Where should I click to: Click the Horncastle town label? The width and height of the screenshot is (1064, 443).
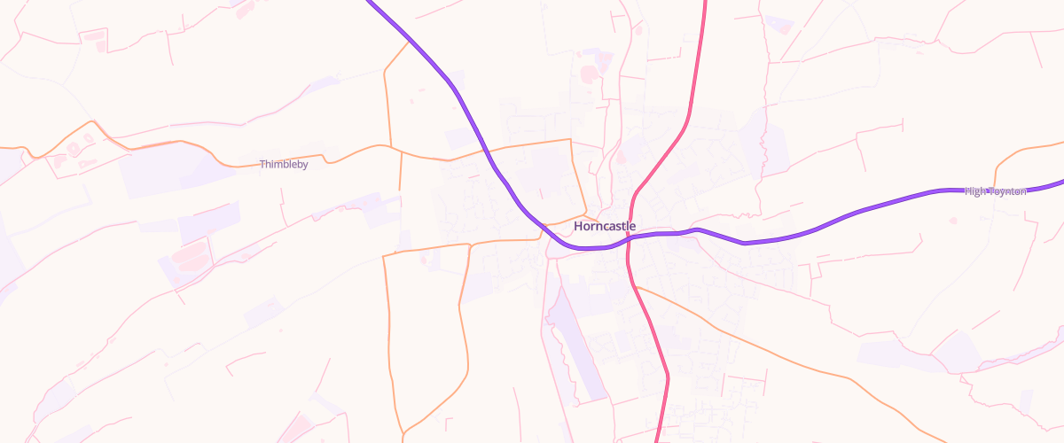pyautogui.click(x=605, y=226)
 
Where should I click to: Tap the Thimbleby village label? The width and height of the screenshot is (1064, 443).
pyautogui.click(x=284, y=164)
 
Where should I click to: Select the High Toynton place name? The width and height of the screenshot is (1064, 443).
pyautogui.click(x=995, y=190)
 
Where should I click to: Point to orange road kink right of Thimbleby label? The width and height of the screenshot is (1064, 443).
pyautogui.click(x=325, y=159)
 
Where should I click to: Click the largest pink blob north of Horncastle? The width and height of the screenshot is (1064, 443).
pyautogui.click(x=590, y=73)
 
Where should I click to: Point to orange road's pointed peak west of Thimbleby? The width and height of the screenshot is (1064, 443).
pyautogui.click(x=90, y=121)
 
